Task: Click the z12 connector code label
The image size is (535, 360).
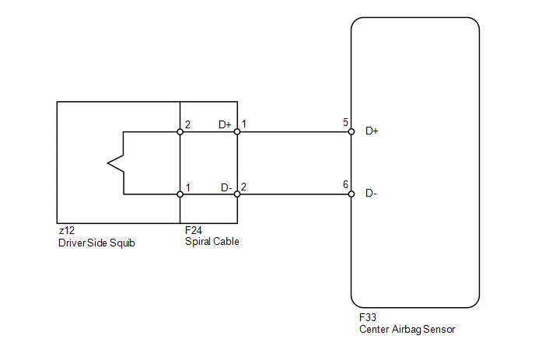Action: (67, 231)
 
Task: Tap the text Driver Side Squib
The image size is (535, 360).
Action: (96, 243)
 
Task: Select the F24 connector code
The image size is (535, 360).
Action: (194, 230)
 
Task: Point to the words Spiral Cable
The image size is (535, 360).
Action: (212, 242)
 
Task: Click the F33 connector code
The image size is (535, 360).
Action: (368, 317)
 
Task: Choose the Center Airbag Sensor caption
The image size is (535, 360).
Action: (407, 330)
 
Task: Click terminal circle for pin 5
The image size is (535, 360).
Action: (351, 131)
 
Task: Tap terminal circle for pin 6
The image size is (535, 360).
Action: (351, 194)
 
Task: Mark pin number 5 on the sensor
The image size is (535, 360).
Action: (345, 122)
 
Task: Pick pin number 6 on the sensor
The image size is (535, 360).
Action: (345, 184)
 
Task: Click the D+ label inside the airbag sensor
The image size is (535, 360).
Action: (372, 131)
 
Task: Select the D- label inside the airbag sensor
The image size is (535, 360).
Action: (371, 194)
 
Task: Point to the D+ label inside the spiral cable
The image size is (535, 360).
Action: (225, 125)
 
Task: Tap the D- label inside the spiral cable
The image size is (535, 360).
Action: (226, 187)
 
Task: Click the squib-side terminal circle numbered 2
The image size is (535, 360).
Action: (180, 131)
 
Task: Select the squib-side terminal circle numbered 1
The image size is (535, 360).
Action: (180, 194)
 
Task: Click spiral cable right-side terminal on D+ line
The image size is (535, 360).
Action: (237, 131)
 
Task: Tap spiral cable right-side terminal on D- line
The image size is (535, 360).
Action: (237, 194)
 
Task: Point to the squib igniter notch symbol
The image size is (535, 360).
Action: (116, 163)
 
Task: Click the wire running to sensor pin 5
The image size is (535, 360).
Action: (294, 131)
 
